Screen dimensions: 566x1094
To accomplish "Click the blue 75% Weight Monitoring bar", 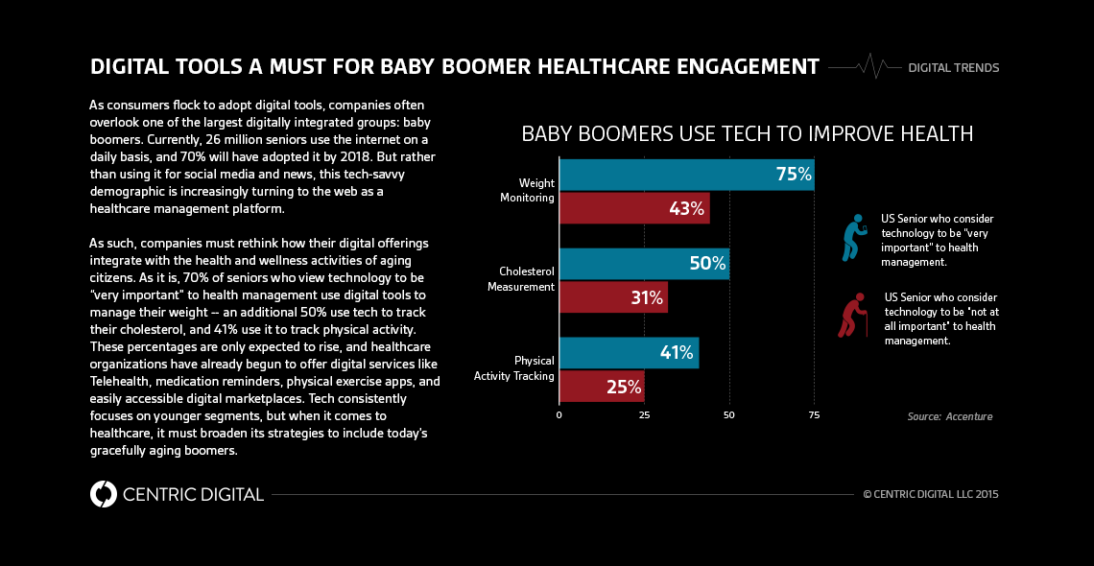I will tap(686, 175).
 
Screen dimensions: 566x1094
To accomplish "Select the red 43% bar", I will tap(633, 208).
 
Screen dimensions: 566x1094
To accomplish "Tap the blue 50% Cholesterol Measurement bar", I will tap(643, 264).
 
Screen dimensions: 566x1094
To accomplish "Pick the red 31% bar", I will tap(612, 297).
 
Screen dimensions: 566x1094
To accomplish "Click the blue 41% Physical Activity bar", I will tap(629, 353).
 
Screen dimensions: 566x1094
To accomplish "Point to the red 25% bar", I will tap(601, 387).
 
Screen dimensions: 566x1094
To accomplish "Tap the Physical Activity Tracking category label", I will tap(514, 368).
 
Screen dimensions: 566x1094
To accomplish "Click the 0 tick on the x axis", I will tap(559, 415).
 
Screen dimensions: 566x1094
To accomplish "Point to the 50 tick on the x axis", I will tap(729, 415).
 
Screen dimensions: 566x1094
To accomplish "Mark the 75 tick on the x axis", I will tap(814, 415).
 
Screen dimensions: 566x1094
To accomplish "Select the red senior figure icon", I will tap(850, 318).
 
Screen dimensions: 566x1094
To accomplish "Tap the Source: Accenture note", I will tap(949, 416).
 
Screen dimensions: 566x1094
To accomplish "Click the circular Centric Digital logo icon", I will tap(103, 494).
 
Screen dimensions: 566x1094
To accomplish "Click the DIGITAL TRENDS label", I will tap(953, 68).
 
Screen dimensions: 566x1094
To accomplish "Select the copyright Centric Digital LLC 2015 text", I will tap(931, 495).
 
